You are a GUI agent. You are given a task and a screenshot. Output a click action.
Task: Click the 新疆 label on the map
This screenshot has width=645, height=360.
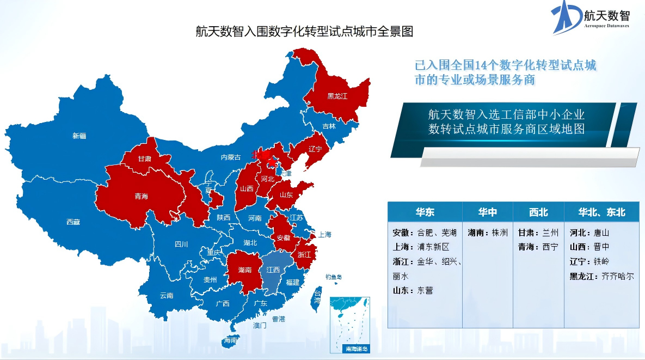79,136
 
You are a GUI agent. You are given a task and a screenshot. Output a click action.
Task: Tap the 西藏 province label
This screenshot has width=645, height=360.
73,222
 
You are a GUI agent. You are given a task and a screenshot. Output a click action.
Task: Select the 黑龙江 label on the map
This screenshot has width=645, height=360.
337,96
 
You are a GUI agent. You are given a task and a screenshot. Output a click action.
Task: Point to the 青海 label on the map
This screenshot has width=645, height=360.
141,196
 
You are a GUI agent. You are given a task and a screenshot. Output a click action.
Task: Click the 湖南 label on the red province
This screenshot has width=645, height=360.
245,270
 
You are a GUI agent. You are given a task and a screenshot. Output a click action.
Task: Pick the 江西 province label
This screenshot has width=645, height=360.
273,270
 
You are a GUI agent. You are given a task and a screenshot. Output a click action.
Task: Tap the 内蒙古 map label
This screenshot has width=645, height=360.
230,157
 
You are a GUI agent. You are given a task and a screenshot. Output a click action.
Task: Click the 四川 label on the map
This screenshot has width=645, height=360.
181,244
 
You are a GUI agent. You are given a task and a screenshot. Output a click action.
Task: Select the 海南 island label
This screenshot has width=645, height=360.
230,340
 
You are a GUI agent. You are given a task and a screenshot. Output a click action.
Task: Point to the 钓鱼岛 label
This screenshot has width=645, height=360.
334,277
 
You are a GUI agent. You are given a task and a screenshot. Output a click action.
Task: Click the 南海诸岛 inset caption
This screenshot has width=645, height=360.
357,348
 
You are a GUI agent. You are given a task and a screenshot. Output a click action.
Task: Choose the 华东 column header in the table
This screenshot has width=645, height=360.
425,212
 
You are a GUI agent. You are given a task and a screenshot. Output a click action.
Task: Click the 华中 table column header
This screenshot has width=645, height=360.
488,212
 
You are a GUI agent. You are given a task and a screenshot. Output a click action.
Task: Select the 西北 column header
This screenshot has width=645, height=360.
538,212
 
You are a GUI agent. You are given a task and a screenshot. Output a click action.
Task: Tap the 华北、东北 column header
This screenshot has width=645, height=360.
601,212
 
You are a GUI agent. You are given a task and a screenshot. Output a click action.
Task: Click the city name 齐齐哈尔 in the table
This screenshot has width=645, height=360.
617,276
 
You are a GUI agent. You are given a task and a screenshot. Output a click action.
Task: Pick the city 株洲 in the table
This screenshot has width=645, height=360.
499,233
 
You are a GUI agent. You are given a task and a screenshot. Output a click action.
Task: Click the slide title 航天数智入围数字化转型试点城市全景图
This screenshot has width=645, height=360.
304,31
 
